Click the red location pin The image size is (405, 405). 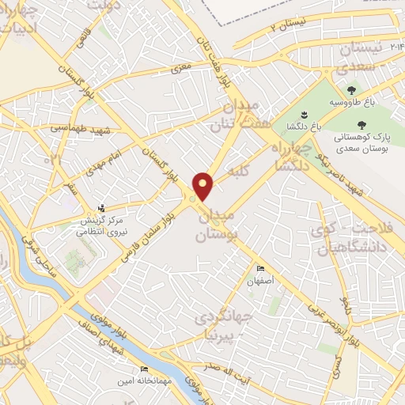coord(204,185)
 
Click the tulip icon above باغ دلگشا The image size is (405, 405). coord(303,113)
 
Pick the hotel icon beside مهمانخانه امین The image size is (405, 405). coord(144,369)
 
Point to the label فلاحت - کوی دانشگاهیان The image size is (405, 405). coord(348,237)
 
